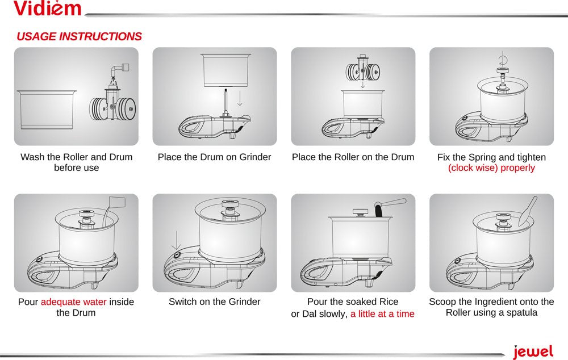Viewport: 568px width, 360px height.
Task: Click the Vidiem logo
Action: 48,9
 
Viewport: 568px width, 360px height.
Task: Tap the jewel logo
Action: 533,351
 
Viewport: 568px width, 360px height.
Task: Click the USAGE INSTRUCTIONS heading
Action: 79,36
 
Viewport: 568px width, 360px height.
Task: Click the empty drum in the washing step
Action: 47,110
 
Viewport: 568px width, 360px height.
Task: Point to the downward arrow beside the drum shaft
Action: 240,98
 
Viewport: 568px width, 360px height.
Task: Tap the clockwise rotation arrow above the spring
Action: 503,58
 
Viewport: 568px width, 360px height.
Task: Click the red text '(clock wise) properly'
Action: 491,168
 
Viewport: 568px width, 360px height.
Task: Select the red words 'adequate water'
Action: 73,302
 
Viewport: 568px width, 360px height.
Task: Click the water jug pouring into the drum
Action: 114,210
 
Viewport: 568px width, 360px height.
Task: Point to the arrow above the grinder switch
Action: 176,240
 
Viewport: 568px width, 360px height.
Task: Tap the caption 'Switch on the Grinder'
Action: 215,302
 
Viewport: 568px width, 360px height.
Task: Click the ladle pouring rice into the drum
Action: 389,207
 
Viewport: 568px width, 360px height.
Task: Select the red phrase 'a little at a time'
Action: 382,314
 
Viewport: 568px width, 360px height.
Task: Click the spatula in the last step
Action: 528,211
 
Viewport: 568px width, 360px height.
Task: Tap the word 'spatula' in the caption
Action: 521,313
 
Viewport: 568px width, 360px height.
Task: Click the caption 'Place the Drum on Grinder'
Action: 215,157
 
